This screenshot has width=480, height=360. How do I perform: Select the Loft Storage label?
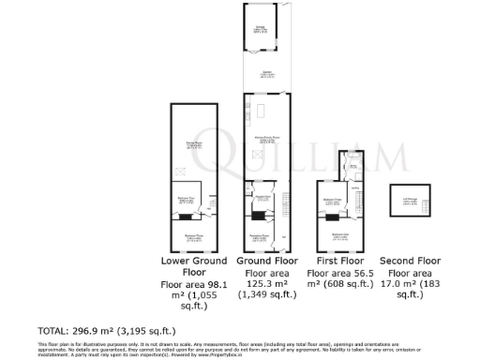(x=410, y=196)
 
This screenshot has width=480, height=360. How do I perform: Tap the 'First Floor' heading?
(x=340, y=260)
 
